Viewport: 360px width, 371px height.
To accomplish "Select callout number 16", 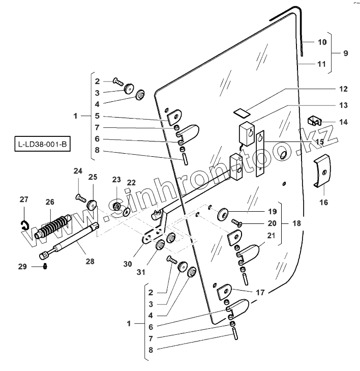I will click(323, 202).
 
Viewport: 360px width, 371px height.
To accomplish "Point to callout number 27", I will click(24, 199).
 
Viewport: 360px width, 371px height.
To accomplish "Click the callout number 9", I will click(345, 53).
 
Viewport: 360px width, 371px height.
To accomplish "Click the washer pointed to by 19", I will click(222, 213).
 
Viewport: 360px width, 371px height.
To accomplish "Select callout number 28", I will click(89, 262).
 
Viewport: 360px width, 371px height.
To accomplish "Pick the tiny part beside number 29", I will click(45, 266).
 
